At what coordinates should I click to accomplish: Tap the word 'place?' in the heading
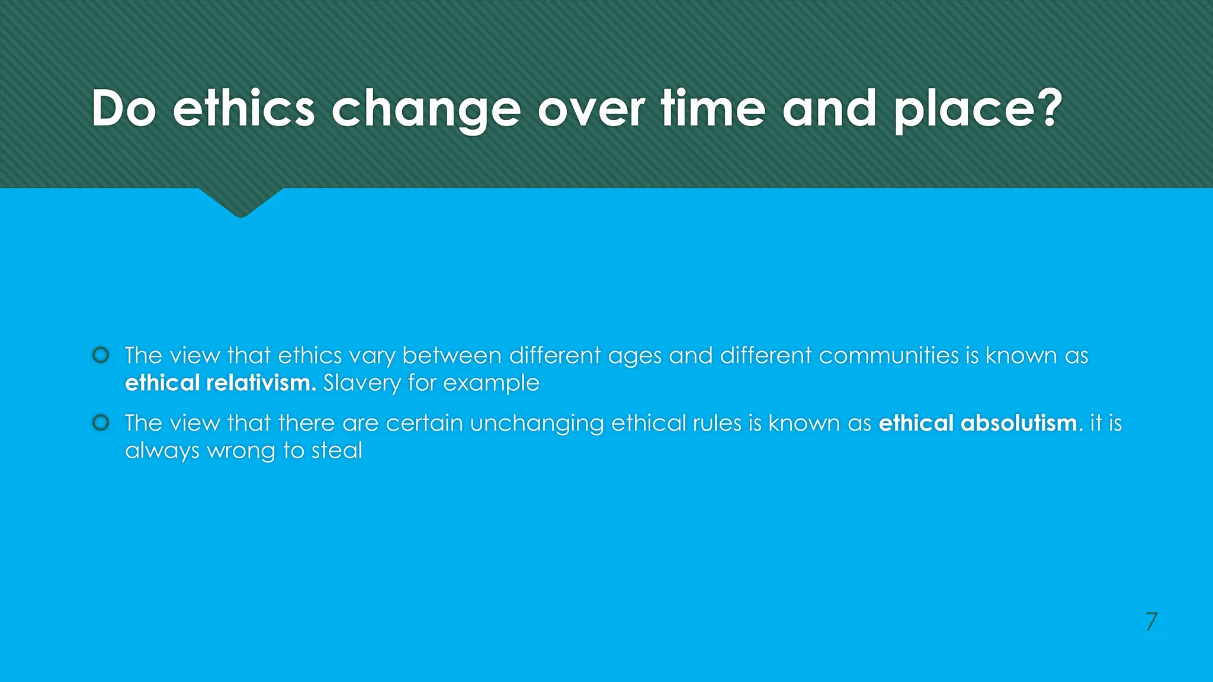(x=978, y=110)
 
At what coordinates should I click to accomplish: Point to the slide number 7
(x=1151, y=622)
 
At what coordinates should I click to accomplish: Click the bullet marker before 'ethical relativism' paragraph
(x=101, y=355)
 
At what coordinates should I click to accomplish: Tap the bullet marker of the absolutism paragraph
(x=101, y=423)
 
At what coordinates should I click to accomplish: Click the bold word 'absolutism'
(x=1019, y=423)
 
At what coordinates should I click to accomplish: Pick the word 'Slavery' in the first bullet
(x=362, y=384)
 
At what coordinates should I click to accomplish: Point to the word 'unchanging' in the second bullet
(x=537, y=424)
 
